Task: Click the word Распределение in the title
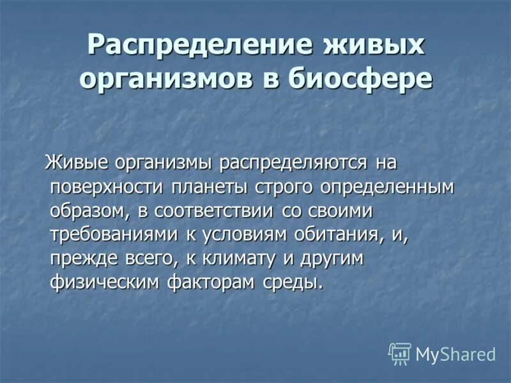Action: (x=191, y=45)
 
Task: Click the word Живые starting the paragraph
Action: (x=76, y=163)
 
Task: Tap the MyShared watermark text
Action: (x=455, y=354)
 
